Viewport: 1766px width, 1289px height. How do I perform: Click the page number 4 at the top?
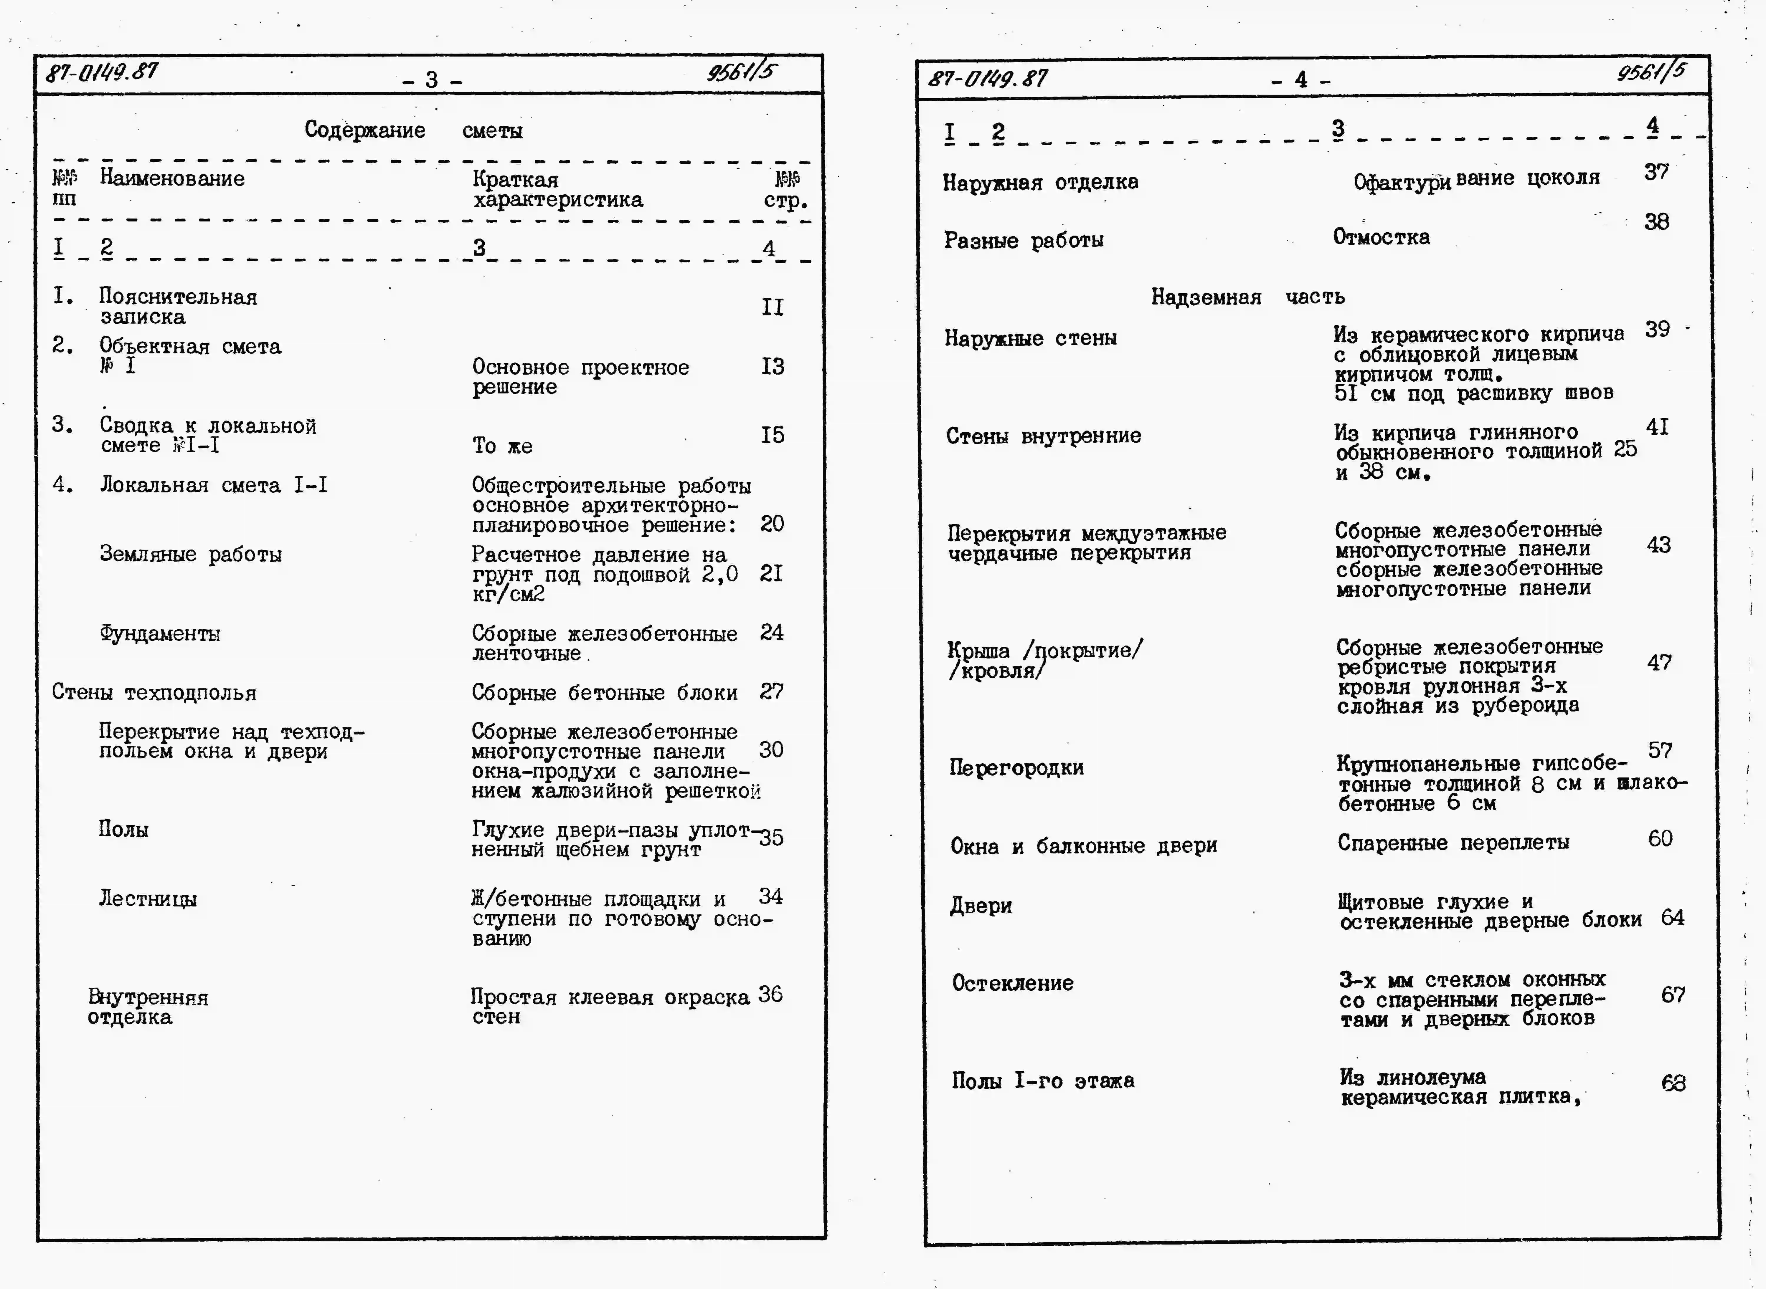coord(1301,80)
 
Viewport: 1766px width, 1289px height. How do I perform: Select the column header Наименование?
coord(172,179)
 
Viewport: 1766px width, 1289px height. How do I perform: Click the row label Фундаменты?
coord(160,633)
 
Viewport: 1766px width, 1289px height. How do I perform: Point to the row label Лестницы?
coord(148,899)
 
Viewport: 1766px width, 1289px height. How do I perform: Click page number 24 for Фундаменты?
coord(771,632)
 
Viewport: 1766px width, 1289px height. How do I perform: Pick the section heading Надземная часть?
coord(1247,297)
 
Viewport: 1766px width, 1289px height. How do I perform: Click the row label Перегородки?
coord(1016,768)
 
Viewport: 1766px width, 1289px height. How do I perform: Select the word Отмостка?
coord(1381,237)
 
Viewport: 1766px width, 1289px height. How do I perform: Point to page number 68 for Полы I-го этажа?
coord(1673,1083)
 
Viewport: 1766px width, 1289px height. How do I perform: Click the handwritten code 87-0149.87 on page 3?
coord(101,72)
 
